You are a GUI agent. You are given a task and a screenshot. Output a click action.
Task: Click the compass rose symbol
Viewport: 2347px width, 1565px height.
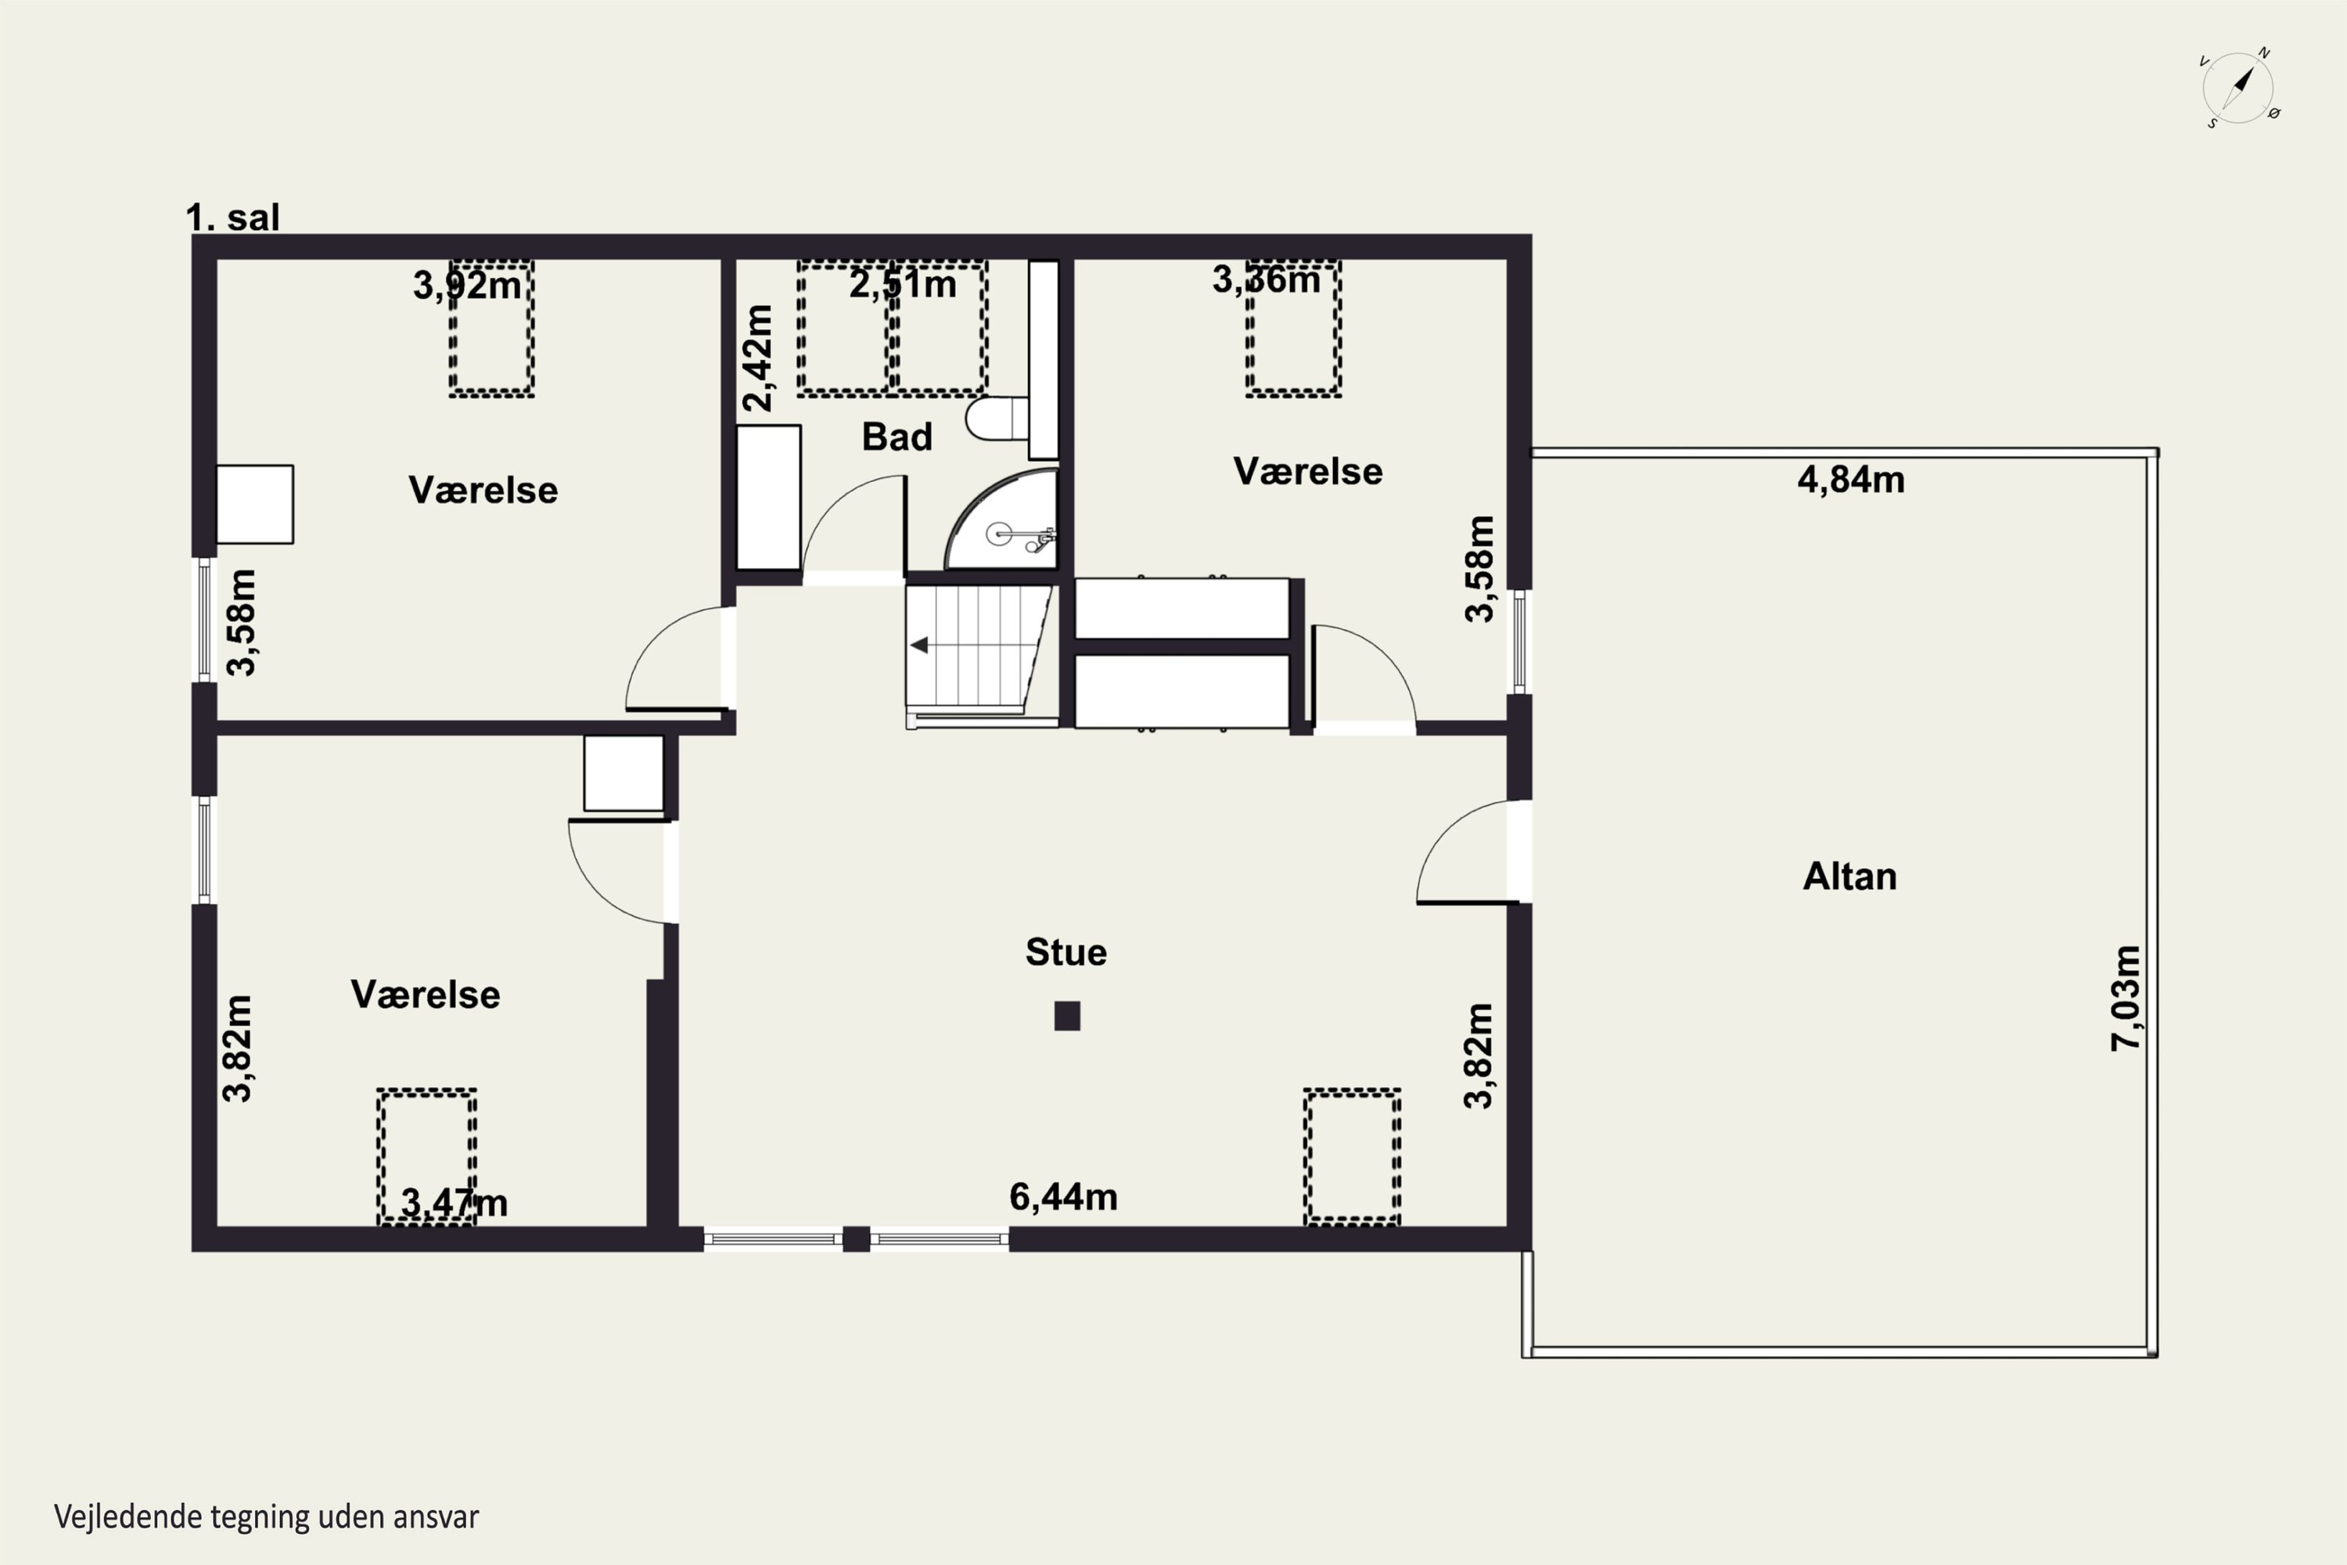(x=2239, y=88)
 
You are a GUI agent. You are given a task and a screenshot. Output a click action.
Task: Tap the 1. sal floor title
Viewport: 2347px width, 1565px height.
(x=232, y=218)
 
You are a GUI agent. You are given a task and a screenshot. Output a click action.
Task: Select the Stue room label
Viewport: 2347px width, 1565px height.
(x=1066, y=952)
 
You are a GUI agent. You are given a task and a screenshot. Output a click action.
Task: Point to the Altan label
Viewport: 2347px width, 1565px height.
(x=1849, y=876)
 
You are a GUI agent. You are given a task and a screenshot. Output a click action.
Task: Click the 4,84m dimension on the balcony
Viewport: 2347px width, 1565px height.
(x=1851, y=480)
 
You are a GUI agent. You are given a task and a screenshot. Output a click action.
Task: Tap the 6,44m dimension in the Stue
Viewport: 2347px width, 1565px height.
(x=1064, y=1196)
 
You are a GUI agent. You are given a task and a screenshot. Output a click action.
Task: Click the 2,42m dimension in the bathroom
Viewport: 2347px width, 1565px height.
(x=757, y=358)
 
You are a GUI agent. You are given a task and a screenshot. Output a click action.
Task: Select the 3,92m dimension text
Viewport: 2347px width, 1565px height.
(x=467, y=286)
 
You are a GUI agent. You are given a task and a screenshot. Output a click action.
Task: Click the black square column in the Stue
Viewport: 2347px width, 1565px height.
(x=1067, y=1016)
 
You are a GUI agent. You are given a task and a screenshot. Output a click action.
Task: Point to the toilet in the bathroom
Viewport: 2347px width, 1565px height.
(x=997, y=419)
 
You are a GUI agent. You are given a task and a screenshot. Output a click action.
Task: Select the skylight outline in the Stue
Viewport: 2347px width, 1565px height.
(x=1352, y=1156)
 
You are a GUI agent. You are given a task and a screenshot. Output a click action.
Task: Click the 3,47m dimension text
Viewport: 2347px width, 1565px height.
(x=454, y=1203)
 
